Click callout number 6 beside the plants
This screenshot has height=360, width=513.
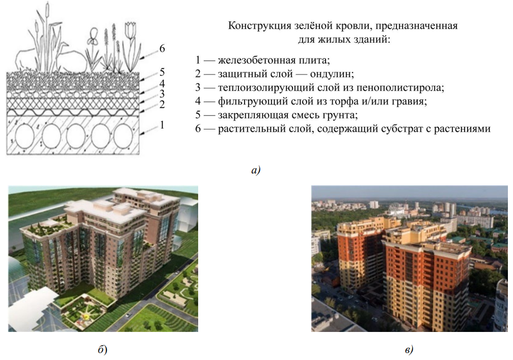[162, 48]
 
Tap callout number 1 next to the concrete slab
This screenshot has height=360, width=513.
[162, 125]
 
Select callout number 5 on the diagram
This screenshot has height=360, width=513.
[162, 72]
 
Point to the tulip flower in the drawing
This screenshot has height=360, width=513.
[130, 30]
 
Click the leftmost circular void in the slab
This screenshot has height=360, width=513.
[25, 136]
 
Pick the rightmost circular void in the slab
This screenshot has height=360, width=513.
[123, 136]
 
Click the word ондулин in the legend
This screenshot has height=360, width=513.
[332, 74]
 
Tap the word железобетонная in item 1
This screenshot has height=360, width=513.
[256, 60]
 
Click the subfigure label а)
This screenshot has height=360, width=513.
[256, 170]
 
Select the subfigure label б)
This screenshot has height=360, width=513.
[102, 349]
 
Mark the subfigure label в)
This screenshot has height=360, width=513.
[409, 350]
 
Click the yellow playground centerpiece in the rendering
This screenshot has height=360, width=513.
[87, 316]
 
